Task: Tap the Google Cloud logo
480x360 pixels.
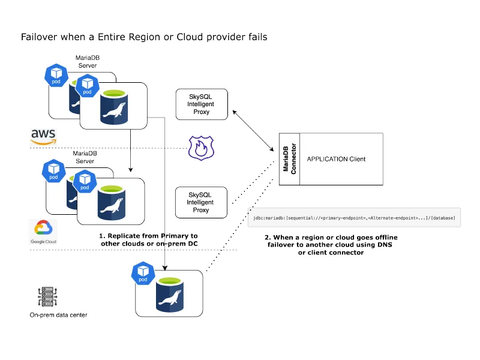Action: [43, 232]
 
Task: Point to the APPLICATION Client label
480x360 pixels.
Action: [336, 159]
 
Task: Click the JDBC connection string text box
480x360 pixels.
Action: [354, 217]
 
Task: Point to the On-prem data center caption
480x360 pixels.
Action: [58, 315]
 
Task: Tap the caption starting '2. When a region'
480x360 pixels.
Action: [331, 238]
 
